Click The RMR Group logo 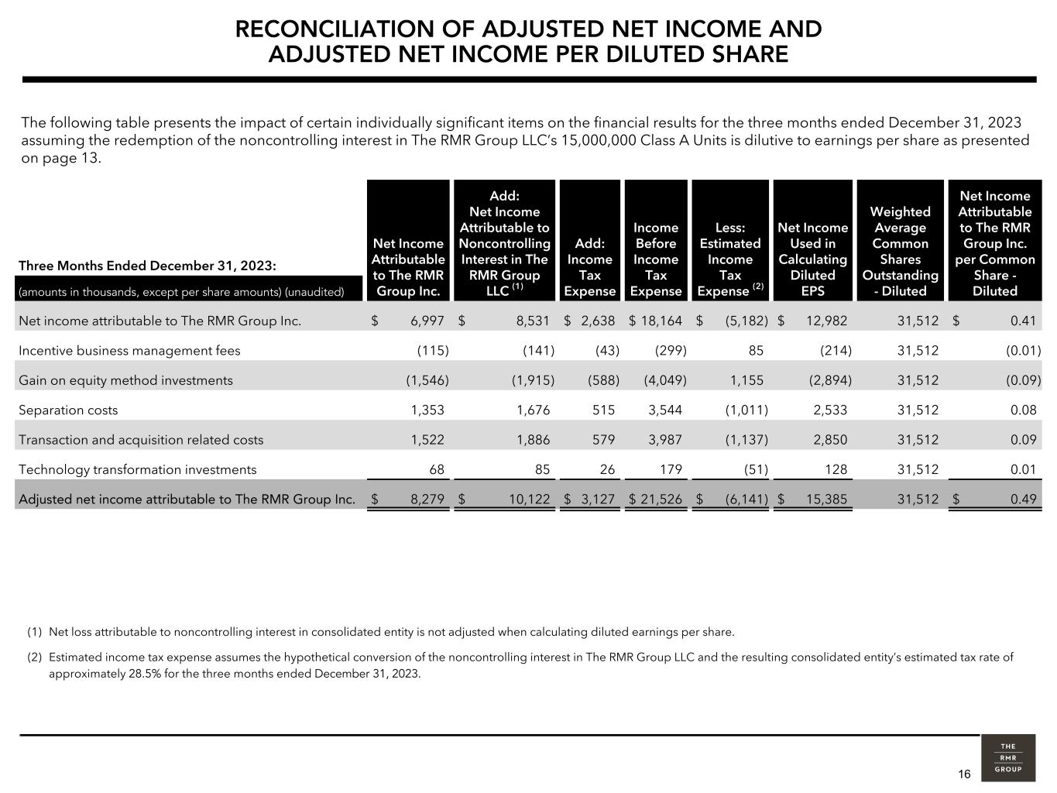[x=1007, y=757]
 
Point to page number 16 [x=964, y=774]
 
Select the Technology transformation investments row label [x=137, y=470]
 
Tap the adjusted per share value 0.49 [x=1023, y=499]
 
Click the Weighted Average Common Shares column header [x=900, y=251]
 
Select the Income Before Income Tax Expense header [x=656, y=259]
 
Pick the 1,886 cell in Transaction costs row [x=533, y=440]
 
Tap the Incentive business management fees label [x=129, y=351]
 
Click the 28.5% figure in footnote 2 [x=146, y=674]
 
